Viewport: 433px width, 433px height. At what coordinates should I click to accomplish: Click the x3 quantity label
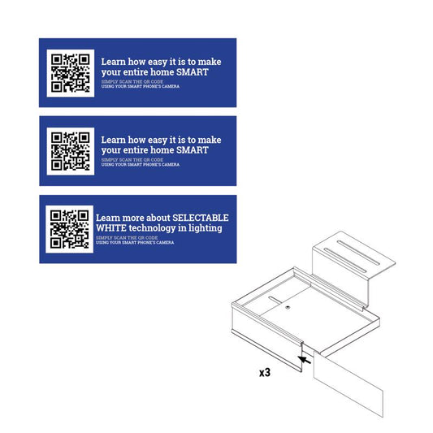click(x=264, y=372)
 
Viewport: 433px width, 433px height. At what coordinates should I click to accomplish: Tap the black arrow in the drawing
click(x=304, y=356)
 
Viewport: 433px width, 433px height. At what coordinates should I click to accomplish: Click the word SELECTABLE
click(x=200, y=218)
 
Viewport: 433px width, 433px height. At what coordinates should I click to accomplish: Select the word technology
click(x=157, y=228)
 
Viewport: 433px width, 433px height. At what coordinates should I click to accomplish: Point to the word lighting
click(x=207, y=228)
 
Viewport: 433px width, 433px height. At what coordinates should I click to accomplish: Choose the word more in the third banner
click(x=132, y=218)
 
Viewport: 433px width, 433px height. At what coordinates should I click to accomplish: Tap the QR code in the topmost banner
click(x=70, y=72)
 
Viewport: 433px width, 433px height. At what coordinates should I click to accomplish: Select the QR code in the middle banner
click(x=70, y=150)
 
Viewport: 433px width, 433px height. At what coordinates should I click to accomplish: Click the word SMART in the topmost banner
click(x=193, y=71)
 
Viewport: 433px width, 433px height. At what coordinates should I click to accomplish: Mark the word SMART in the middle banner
click(x=193, y=149)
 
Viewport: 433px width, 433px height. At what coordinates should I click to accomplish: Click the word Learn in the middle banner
click(x=113, y=139)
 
